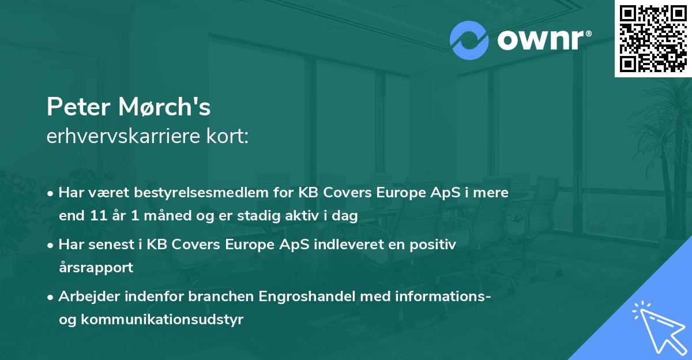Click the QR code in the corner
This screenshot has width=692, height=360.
click(x=653, y=39)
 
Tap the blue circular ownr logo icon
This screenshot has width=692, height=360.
click(x=469, y=40)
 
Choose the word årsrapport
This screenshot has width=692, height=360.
click(x=96, y=268)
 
